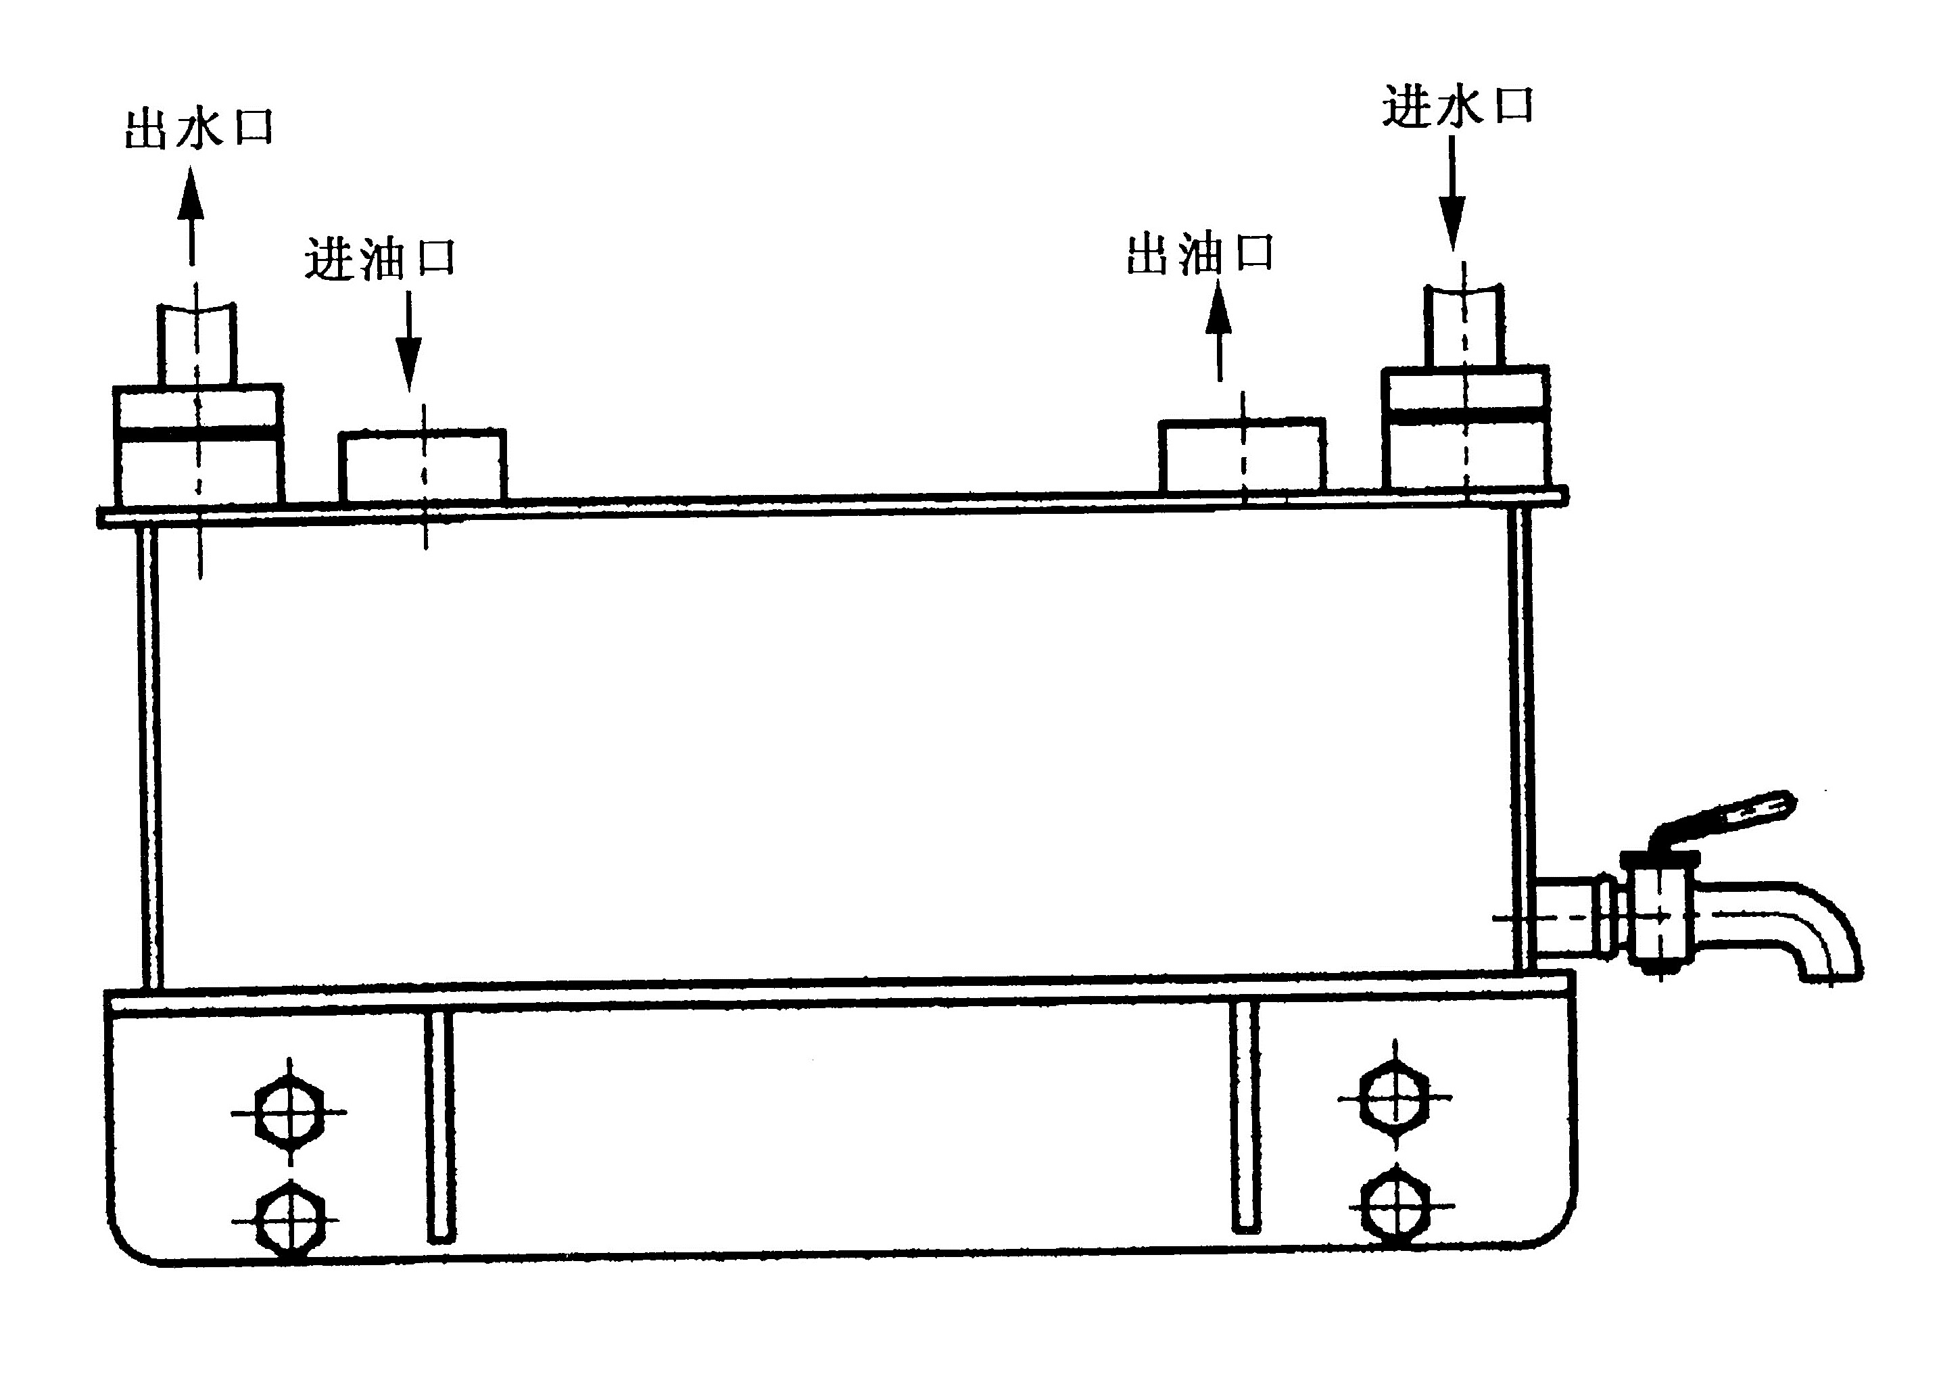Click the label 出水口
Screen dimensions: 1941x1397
pos(199,129)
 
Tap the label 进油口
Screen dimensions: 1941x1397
pos(380,258)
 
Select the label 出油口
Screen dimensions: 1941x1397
pos(1200,254)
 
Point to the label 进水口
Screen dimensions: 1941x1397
pos(1457,106)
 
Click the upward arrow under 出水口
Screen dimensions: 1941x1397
pos(192,215)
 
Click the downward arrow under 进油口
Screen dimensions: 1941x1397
pos(408,341)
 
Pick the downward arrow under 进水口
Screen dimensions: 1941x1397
pos(1452,193)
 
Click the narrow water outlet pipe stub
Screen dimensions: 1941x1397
pos(196,344)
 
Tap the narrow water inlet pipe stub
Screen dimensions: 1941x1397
pos(1464,326)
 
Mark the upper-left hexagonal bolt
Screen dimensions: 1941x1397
pos(289,1113)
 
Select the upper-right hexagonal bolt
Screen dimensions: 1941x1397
pos(1395,1098)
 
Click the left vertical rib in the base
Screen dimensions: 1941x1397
pos(440,1127)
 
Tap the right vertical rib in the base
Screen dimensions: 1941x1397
pos(1245,1117)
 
